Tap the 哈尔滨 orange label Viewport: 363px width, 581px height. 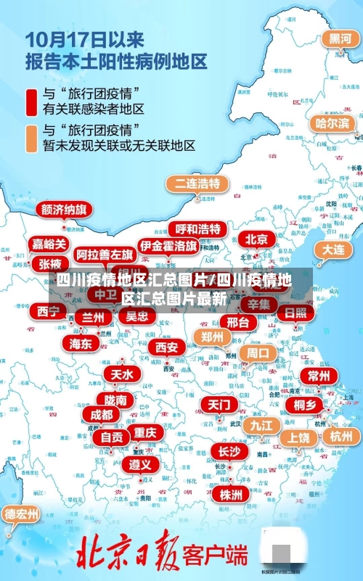[x=331, y=123]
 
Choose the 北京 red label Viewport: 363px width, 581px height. [x=256, y=239]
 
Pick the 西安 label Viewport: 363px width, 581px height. [x=167, y=347]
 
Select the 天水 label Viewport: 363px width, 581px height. [x=121, y=374]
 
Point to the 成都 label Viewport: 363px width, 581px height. [x=101, y=415]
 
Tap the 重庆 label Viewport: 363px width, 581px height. [x=144, y=432]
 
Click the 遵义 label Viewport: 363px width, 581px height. [x=140, y=463]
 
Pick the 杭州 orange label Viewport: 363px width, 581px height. [x=340, y=436]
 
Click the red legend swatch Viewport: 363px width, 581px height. [x=31, y=101]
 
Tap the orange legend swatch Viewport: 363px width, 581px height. [x=31, y=137]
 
